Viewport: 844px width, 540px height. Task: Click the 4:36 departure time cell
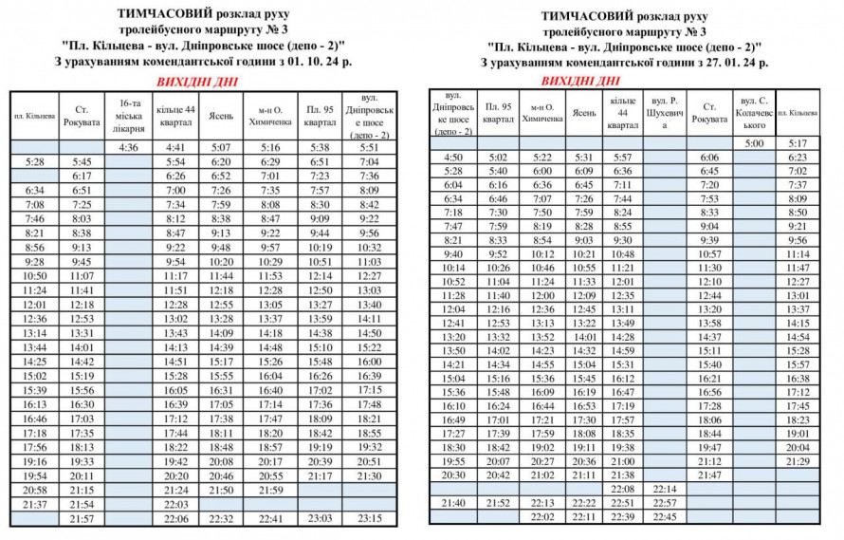coord(129,147)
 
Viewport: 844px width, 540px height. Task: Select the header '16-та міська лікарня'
coord(129,115)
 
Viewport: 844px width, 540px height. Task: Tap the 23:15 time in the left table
coord(369,519)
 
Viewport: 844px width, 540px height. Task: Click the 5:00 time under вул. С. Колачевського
coord(754,143)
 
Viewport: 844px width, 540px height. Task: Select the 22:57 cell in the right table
coord(666,503)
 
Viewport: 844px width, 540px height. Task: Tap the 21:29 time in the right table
coord(798,461)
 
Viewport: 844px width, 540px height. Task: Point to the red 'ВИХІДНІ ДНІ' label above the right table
coord(582,81)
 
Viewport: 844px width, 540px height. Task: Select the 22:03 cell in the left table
coord(175,505)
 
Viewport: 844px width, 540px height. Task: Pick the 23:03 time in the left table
coord(320,519)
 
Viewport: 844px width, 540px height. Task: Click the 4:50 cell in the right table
coord(453,158)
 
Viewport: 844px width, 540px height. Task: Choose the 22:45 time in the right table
coord(666,517)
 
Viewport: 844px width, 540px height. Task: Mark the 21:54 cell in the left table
coord(82,505)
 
